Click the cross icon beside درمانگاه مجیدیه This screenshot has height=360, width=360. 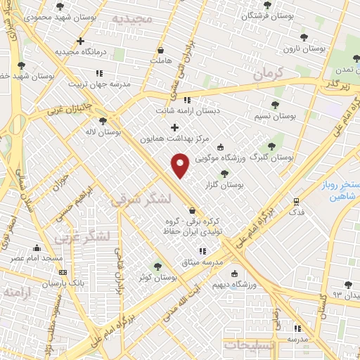[81, 41]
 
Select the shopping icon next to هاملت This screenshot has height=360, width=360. [161, 50]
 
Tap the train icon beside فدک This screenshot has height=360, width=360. [297, 201]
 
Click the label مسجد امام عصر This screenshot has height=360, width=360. [36, 259]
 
